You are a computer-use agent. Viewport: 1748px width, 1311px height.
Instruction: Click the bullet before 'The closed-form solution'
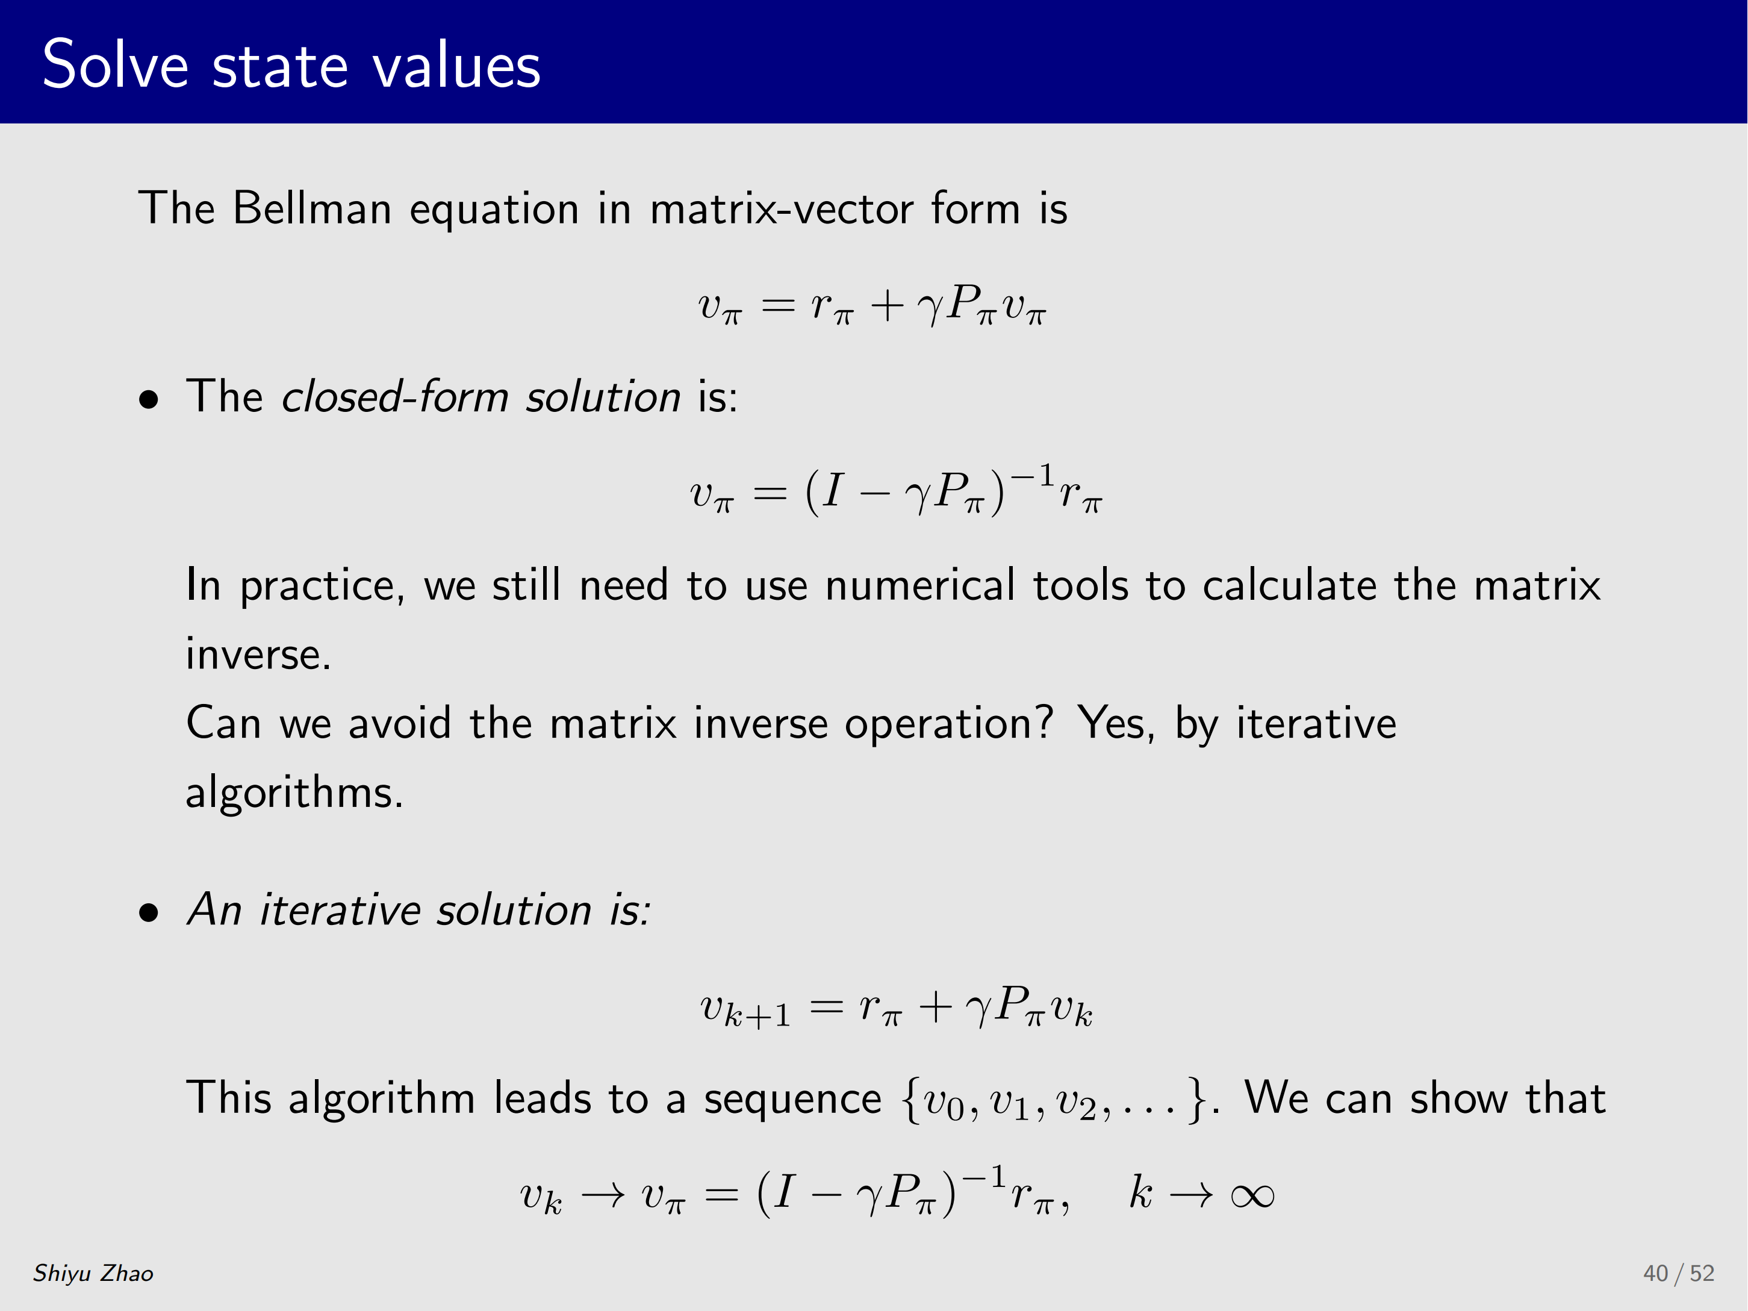[149, 400]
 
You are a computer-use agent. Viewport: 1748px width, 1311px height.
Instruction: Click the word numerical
[920, 585]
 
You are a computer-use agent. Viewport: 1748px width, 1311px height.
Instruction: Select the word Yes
[1116, 724]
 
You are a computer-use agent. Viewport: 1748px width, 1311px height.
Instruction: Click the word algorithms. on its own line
[294, 793]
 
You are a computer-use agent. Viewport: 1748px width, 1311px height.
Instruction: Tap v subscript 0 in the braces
[944, 1103]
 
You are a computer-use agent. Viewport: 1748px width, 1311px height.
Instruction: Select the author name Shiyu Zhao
[93, 1273]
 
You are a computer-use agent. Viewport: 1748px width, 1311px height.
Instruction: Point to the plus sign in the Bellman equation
[886, 307]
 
